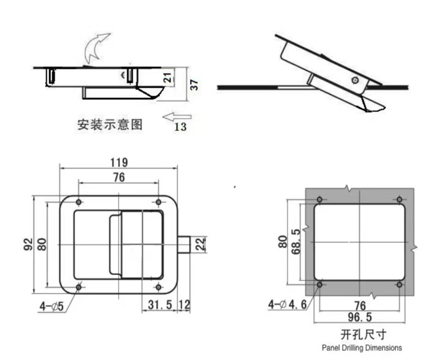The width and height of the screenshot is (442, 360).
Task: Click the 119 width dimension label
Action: [x=119, y=163]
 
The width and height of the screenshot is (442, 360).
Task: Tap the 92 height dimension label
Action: [x=28, y=245]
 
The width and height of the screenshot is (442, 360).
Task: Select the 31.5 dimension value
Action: [x=160, y=305]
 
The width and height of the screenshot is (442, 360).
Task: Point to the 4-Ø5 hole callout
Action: [x=52, y=307]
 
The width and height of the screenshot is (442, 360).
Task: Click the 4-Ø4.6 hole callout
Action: [x=287, y=305]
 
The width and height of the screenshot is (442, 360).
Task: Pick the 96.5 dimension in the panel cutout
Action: [x=360, y=317]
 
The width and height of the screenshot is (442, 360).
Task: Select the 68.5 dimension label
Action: [x=296, y=242]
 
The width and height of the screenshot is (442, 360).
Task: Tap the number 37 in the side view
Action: [x=194, y=85]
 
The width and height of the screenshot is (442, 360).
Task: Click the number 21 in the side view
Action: [x=168, y=77]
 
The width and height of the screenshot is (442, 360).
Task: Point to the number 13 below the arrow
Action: [x=180, y=127]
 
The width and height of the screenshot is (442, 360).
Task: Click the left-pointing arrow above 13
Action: [x=177, y=116]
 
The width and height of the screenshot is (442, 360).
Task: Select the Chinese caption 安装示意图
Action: [x=110, y=125]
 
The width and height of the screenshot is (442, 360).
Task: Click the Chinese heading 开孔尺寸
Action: [x=363, y=335]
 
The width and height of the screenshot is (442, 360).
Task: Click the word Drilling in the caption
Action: [x=353, y=348]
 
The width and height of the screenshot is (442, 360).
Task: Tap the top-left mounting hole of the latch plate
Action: [x=79, y=202]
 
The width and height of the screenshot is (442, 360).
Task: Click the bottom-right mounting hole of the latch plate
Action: [x=159, y=287]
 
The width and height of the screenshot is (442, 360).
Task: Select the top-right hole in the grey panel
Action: [x=399, y=200]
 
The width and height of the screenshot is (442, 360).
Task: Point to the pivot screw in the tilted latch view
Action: [x=356, y=80]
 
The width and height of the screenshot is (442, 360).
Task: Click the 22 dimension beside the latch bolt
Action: [x=200, y=244]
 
